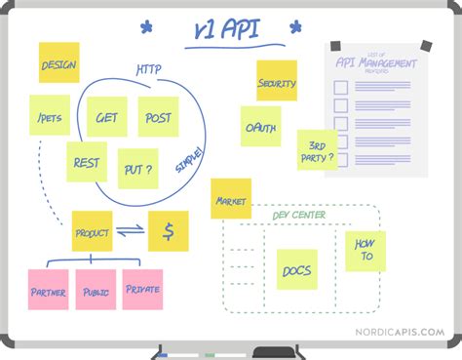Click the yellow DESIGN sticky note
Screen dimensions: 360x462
coord(58,63)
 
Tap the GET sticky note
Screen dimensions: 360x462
coord(105,117)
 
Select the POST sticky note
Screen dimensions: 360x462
coord(158,117)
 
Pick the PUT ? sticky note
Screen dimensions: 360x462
coord(137,169)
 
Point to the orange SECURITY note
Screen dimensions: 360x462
coord(277,82)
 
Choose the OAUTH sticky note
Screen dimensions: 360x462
coord(261,126)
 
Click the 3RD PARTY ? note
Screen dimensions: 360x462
coord(317,149)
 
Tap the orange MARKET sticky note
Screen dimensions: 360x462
coord(231,199)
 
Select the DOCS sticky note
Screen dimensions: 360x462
coord(296,269)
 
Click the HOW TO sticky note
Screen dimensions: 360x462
coord(366,251)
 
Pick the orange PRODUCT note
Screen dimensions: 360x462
coord(92,232)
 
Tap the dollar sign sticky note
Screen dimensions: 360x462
coord(169,231)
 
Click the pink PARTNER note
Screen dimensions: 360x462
coord(49,290)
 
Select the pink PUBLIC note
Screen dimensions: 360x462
coord(96,290)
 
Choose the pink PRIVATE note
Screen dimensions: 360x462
coord(142,290)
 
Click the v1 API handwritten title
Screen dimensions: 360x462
coord(225,31)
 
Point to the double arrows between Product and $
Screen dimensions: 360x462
coord(130,231)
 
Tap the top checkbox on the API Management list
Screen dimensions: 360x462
coord(340,88)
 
